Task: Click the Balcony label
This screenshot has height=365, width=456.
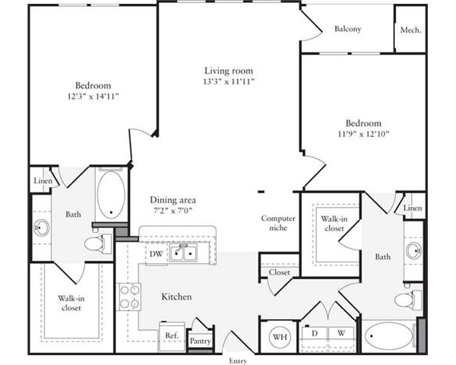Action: point(347,29)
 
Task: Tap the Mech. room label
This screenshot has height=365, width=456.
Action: point(410,30)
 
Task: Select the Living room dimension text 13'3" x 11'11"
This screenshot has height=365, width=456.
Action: point(229,81)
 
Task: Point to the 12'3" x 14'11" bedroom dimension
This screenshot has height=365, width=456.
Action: point(93,96)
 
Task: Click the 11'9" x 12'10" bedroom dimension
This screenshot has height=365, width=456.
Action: point(363,134)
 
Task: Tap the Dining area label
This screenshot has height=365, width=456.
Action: point(173,200)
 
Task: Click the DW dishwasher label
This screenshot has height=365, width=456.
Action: point(156,254)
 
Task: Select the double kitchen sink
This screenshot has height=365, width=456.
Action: point(183,252)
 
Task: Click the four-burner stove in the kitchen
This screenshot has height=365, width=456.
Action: point(129,297)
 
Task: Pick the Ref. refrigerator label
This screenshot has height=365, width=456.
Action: point(172,335)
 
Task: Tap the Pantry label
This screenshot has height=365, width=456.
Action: point(200,341)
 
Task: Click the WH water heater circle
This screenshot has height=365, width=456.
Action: point(280,337)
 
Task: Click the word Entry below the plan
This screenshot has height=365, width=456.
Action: point(238,361)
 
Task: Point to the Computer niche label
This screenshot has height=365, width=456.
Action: point(278,223)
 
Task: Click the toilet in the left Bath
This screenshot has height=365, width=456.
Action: point(98,243)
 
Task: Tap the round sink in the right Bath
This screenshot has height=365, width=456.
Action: point(414,251)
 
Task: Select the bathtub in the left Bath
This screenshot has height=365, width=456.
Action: point(111,195)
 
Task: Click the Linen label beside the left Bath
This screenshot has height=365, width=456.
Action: point(43,181)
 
